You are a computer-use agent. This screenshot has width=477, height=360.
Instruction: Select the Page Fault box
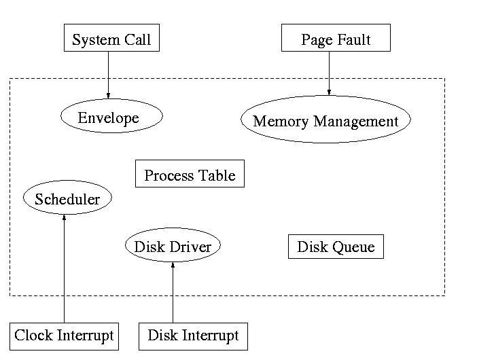(336, 38)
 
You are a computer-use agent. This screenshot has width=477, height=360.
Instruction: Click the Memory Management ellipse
(325, 120)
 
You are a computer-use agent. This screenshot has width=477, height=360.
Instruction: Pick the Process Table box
(190, 175)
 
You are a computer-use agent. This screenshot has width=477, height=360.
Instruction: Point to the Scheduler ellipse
(67, 198)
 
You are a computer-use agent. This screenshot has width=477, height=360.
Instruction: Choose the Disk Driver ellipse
(173, 246)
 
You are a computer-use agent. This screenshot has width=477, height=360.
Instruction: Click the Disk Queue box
(336, 246)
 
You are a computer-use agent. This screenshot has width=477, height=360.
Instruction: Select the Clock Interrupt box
(64, 336)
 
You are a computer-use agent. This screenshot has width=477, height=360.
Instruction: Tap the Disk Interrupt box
(193, 336)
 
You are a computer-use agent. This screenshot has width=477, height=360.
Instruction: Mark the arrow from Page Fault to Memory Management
(329, 72)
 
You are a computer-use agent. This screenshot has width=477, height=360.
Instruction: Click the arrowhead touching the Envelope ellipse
(108, 95)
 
